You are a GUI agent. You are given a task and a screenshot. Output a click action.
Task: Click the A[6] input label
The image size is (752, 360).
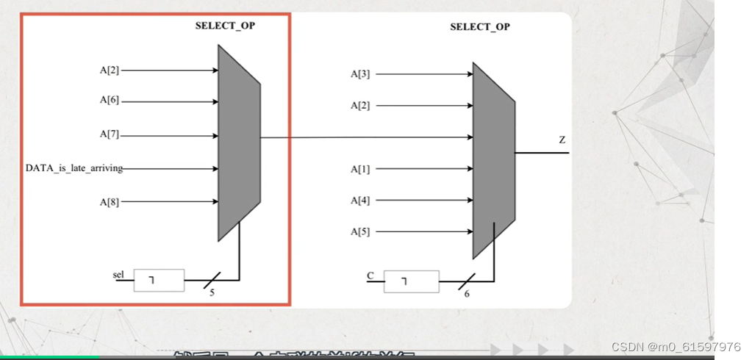point(110,100)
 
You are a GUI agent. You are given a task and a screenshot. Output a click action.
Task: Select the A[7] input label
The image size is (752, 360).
point(110,134)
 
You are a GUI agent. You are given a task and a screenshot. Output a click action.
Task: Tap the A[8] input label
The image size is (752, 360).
point(110,201)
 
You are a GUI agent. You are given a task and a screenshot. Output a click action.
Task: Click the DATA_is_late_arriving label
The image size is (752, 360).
point(74,168)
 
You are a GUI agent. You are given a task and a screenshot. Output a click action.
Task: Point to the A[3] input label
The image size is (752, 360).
point(360,73)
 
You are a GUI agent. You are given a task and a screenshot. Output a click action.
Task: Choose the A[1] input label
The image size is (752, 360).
point(360,169)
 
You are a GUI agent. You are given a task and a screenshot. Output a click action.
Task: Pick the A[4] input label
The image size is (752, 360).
point(360,200)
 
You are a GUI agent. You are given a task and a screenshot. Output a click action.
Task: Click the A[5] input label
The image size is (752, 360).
point(360,231)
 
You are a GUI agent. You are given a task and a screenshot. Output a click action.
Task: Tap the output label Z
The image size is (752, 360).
point(562,139)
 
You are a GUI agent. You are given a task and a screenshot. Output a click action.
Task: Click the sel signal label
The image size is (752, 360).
point(118,274)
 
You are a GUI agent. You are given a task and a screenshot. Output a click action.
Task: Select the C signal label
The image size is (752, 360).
point(370,276)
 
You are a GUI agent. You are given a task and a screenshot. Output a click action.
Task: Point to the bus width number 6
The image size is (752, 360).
point(466,295)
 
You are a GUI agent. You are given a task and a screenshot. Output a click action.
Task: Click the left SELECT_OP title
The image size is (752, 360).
point(225,25)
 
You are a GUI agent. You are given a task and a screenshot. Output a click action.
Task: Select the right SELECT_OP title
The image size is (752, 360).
point(480,26)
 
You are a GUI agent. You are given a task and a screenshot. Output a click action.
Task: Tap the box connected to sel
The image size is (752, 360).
point(159,280)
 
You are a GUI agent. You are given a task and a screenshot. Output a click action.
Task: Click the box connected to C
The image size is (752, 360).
point(412,281)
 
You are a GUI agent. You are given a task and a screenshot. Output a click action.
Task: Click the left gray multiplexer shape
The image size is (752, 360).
point(239,143)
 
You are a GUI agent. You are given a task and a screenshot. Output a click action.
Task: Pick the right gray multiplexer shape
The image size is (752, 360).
point(493,159)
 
